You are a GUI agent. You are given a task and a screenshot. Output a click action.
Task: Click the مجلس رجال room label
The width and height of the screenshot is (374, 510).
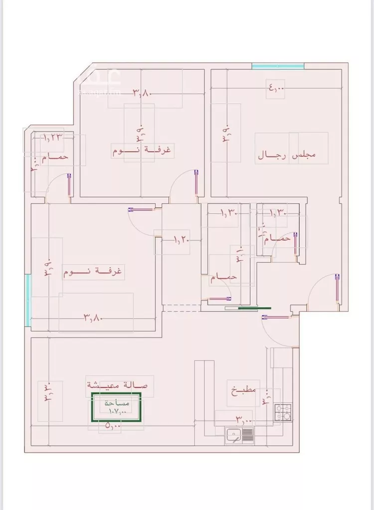click(287, 155)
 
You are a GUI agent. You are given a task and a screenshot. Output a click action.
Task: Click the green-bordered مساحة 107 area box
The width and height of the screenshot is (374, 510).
click(116, 407)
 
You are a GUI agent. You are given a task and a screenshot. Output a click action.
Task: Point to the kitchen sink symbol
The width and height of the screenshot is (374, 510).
click(240, 436)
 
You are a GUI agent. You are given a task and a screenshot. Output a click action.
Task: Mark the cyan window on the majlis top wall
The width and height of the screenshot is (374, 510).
click(278, 66)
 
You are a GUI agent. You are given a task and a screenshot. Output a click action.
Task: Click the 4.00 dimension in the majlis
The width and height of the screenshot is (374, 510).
click(276, 89)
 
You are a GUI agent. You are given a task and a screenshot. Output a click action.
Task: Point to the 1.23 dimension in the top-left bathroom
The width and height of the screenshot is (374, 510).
click(51, 137)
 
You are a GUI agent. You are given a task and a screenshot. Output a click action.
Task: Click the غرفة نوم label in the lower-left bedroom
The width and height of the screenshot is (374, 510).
click(93, 272)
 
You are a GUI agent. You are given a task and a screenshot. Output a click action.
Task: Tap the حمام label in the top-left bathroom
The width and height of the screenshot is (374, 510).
click(54, 157)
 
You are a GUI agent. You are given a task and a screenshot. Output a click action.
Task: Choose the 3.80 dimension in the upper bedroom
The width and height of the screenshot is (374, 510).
click(142, 92)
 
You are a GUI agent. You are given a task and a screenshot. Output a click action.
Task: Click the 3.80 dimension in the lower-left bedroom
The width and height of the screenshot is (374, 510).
click(93, 316)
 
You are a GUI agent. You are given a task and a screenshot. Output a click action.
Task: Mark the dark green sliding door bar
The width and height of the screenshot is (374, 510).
click(254, 308)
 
